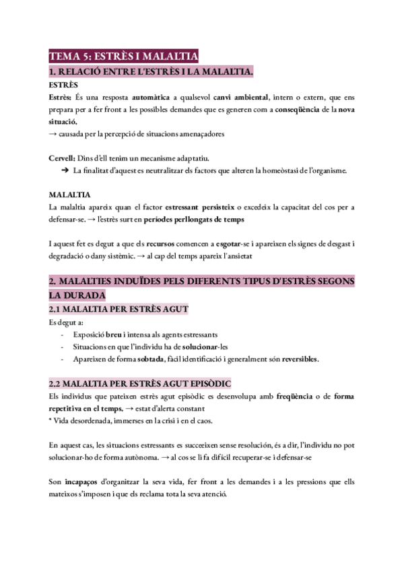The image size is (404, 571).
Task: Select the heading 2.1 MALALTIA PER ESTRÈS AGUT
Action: coord(119,309)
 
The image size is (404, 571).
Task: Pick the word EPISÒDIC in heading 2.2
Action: coord(207,384)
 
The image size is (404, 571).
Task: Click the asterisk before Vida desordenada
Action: coord(51,422)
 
